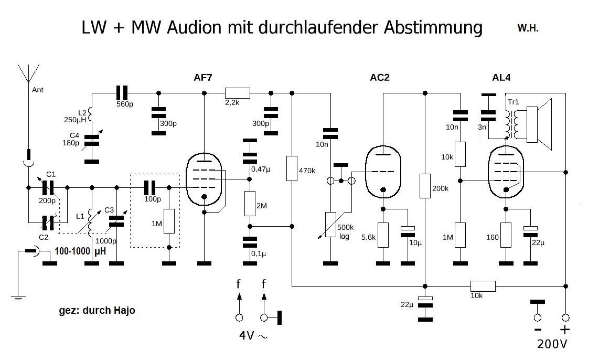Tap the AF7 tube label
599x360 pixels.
pyautogui.click(x=204, y=78)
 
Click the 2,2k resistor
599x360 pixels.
pyautogui.click(x=237, y=93)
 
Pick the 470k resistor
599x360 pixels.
pyautogui.click(x=292, y=168)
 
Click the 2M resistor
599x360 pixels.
pyautogui.click(x=250, y=204)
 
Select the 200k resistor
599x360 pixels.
pyautogui.click(x=425, y=186)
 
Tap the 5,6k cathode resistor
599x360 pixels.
pyautogui.click(x=383, y=235)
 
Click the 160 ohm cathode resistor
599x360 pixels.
pyautogui.click(x=506, y=235)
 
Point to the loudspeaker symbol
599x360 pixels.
pyautogui.click(x=540, y=124)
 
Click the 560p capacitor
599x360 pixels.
pyautogui.click(x=122, y=93)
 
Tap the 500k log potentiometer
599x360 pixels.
pyautogui.click(x=330, y=224)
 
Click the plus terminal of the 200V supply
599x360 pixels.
pyautogui.click(x=565, y=317)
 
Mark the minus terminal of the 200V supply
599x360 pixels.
pyautogui.click(x=537, y=317)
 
